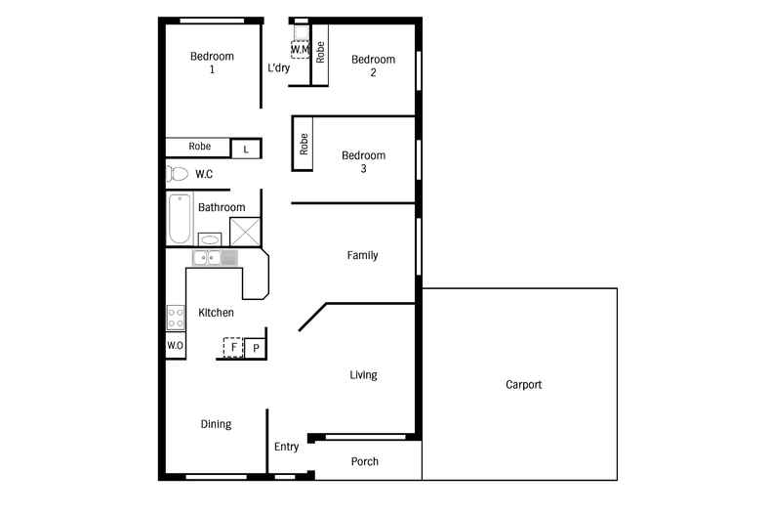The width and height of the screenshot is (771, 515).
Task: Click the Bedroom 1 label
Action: tap(211, 63)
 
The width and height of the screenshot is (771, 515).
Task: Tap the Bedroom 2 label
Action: tap(373, 65)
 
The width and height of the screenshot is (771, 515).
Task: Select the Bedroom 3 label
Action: tap(363, 161)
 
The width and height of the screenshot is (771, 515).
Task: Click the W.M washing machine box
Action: tap(300, 49)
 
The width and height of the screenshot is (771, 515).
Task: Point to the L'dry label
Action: tap(278, 68)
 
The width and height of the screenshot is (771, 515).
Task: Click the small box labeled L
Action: tap(246, 149)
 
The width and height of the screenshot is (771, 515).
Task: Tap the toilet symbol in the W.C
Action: tap(177, 174)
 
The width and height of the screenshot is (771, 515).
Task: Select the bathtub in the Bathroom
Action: tap(179, 219)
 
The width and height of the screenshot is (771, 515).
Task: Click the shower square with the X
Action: tap(244, 231)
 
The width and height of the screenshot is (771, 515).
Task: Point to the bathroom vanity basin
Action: tap(210, 239)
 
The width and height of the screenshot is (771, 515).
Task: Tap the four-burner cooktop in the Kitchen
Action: tap(176, 318)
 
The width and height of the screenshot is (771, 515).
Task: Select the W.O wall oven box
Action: tap(175, 346)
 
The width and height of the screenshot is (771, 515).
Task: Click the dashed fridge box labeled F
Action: tap(233, 347)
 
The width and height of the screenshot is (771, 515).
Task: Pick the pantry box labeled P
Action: tap(256, 348)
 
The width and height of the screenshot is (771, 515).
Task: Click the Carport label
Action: tap(523, 384)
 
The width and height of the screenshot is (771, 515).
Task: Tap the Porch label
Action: tap(364, 461)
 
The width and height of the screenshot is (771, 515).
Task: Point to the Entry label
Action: tap(286, 447)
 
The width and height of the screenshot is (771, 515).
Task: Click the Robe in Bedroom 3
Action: tap(304, 144)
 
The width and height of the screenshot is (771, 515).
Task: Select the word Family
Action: tap(362, 255)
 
